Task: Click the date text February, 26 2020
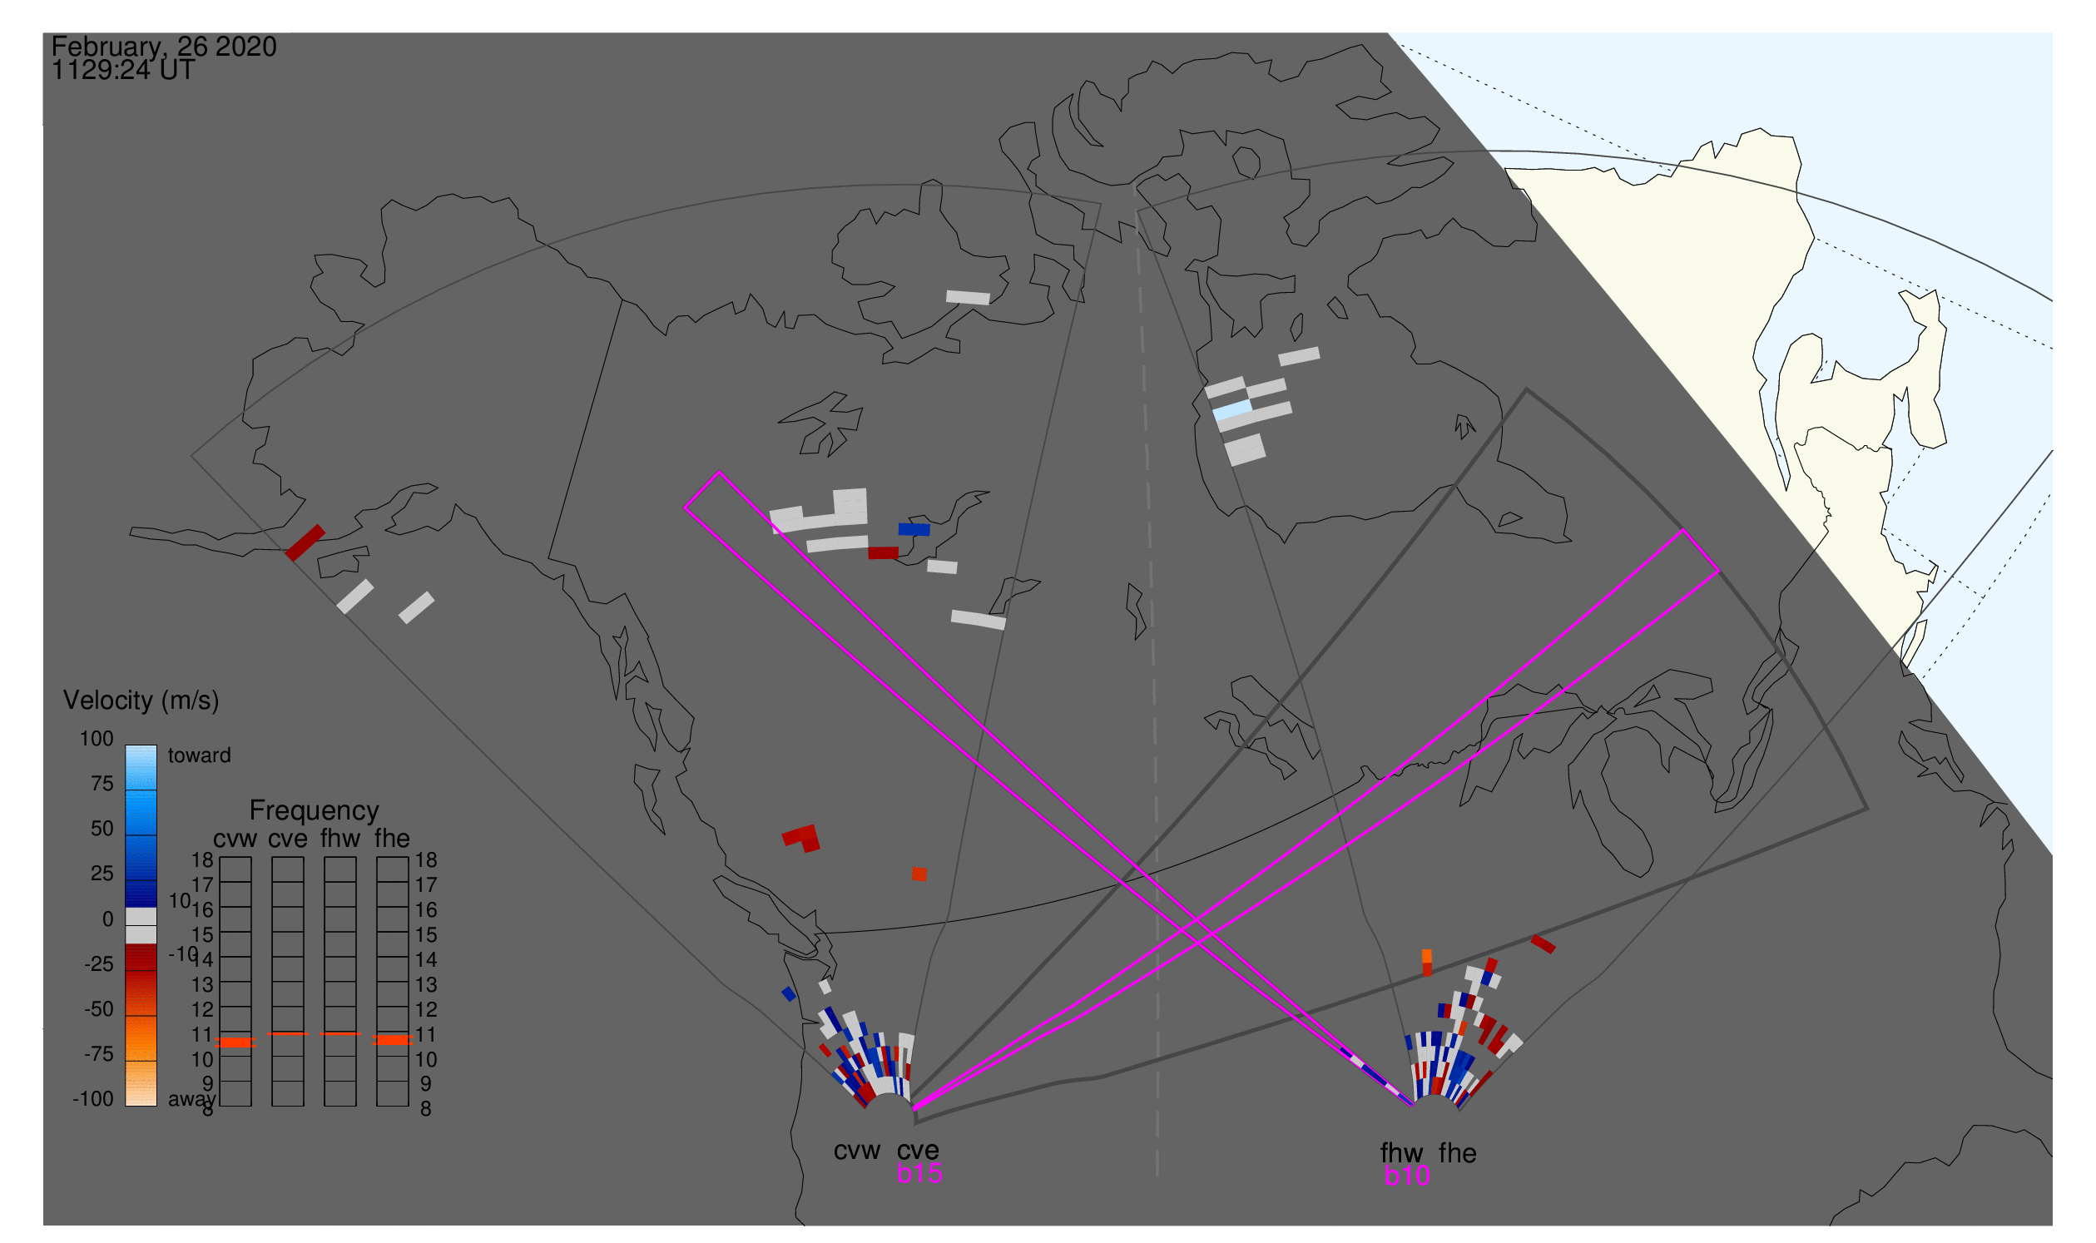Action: [164, 47]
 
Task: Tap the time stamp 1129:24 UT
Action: [123, 71]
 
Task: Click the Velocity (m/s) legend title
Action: [141, 701]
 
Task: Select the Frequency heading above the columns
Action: [315, 810]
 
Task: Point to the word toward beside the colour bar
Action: [200, 755]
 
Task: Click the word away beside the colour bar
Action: [191, 1099]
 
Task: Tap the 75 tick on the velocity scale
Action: [102, 784]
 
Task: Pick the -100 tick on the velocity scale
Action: [93, 1099]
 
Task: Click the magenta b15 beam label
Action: [919, 1173]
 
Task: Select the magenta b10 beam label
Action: [1406, 1176]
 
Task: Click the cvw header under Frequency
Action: [235, 839]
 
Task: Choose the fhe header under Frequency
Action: [392, 839]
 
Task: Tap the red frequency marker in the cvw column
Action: [235, 1042]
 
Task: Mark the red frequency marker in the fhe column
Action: [392, 1039]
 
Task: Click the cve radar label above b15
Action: [917, 1150]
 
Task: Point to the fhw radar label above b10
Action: [1401, 1152]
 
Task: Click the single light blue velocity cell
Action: [1232, 409]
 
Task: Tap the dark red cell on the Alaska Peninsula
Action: [305, 542]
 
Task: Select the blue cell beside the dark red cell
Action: [914, 529]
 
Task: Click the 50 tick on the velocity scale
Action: [102, 829]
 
